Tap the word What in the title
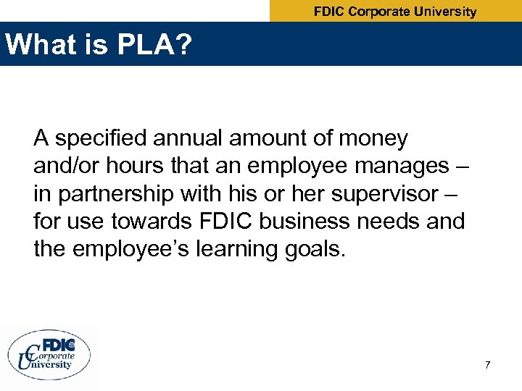[x=39, y=45]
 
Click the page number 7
[x=488, y=364]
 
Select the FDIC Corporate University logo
[x=49, y=354]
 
